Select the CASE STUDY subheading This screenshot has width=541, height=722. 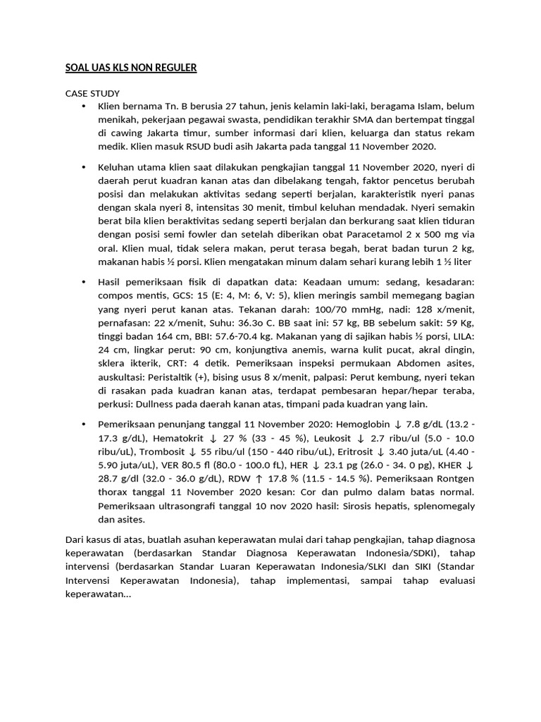[x=92, y=93]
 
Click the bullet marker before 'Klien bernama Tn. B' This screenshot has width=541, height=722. [x=83, y=106]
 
